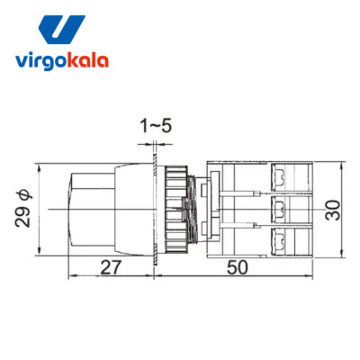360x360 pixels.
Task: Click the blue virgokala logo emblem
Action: point(61,30)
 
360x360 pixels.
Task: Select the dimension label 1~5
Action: point(156,126)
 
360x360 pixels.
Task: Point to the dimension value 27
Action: point(111,267)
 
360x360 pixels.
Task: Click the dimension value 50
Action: point(238,267)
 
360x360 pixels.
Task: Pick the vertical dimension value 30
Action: point(333,210)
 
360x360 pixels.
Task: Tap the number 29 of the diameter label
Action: point(22,216)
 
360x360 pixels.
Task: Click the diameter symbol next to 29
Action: point(24,195)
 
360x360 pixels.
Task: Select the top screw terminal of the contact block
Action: point(279,177)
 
